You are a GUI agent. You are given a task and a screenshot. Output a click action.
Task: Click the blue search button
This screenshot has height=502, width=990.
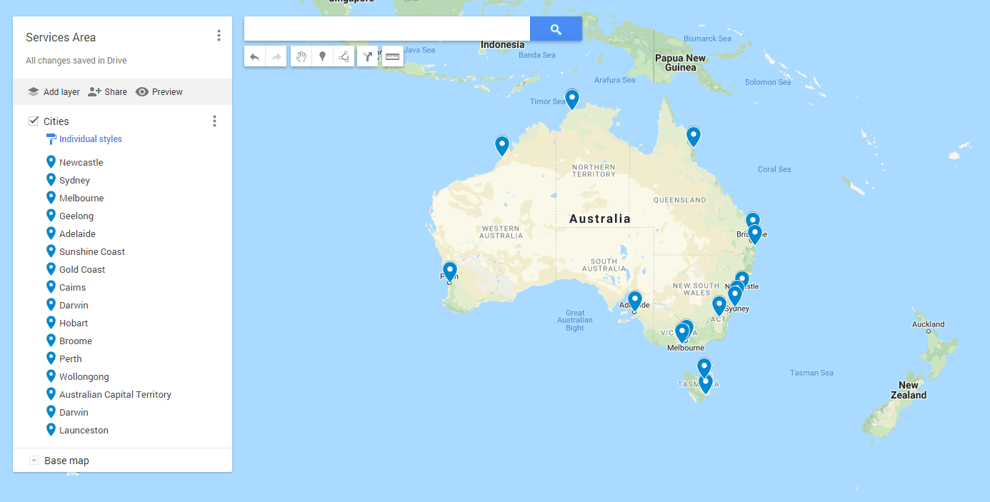pos(556,29)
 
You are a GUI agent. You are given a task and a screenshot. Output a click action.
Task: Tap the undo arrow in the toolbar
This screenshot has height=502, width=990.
pos(255,57)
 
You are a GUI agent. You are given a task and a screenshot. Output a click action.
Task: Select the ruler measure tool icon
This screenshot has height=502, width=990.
pos(392,56)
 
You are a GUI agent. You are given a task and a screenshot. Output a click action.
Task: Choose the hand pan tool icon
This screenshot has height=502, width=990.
pos(301,57)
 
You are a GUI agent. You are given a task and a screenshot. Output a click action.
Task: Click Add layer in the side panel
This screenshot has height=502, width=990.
pos(54,92)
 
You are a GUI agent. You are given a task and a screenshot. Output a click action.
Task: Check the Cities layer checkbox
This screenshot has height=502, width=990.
pos(34,121)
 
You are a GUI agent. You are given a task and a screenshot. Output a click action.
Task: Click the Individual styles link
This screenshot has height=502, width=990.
pos(90,139)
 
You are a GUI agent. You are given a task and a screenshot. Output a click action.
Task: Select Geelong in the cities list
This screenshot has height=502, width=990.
pos(76,216)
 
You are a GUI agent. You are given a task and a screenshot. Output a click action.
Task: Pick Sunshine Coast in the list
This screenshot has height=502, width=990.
pos(91,252)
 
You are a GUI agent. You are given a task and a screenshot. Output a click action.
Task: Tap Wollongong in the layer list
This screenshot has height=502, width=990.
pos(84,377)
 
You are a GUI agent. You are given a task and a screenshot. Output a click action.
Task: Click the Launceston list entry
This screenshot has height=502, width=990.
pos(84,431)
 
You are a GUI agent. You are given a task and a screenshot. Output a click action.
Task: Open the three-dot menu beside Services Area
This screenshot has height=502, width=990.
pos(219,36)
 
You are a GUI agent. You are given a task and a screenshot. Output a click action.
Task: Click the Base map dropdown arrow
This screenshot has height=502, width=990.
pos(34,461)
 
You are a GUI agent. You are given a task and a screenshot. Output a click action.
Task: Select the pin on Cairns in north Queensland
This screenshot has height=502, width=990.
pos(693,136)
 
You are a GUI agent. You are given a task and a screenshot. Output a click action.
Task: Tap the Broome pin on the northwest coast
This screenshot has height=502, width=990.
pos(502,145)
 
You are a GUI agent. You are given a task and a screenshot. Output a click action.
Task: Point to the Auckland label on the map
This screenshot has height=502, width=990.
pos(928,324)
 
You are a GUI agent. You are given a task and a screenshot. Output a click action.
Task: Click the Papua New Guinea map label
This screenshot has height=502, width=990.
pos(680,63)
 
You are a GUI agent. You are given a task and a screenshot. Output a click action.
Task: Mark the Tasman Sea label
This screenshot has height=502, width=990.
pos(811,373)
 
